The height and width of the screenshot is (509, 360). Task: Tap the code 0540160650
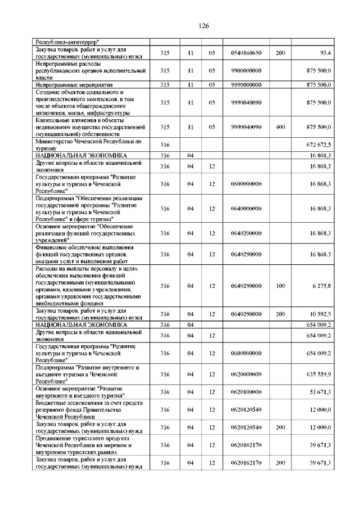pyautogui.click(x=246, y=53)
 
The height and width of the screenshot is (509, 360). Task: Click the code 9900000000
pyautogui.click(x=246, y=70)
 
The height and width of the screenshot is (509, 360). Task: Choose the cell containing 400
pyautogui.click(x=280, y=128)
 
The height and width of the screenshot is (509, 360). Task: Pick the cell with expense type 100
pyautogui.click(x=280, y=286)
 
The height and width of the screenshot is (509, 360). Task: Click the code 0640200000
pyautogui.click(x=246, y=233)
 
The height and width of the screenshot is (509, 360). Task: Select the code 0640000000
pyautogui.click(x=246, y=209)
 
